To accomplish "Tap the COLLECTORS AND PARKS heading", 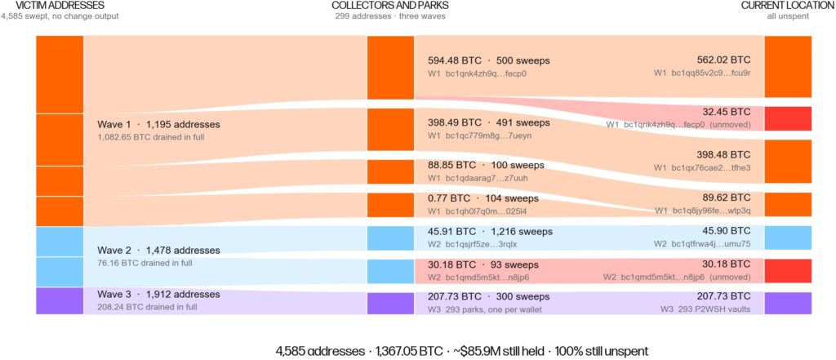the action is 389,6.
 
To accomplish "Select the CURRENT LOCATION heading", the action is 788,6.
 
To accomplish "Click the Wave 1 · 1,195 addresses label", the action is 158,124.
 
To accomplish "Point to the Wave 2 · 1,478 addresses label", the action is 158,250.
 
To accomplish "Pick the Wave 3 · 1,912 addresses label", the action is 158,295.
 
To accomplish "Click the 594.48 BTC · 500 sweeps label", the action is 488,60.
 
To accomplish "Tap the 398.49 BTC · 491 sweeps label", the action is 488,122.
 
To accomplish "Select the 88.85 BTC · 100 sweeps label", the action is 486,165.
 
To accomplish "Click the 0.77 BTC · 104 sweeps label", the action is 483,198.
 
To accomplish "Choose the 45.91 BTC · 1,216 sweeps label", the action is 490,232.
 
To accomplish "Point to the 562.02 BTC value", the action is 723,60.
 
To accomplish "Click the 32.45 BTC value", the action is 726,112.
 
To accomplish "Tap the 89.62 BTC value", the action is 726,198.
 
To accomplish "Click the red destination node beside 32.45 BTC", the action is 788,118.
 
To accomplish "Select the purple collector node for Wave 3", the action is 390,303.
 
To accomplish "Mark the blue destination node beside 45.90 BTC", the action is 788,238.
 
